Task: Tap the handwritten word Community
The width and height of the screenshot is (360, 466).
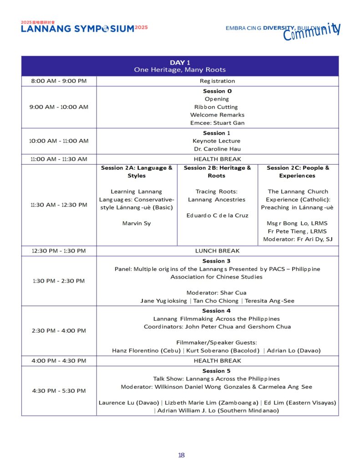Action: [312, 32]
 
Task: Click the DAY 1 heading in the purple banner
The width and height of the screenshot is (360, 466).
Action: [180, 62]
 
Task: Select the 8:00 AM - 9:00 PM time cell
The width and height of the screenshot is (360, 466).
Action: [59, 81]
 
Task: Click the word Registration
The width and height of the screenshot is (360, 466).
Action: [217, 81]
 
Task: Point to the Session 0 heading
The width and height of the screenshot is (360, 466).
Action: [217, 91]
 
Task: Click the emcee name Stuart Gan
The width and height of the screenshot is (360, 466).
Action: [217, 123]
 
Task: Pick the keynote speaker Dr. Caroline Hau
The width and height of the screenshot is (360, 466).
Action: [217, 149]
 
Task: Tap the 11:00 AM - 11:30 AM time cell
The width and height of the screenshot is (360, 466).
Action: [59, 159]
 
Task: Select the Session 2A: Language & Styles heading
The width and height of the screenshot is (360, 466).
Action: [137, 172]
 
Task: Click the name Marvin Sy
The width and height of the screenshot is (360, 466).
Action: [137, 223]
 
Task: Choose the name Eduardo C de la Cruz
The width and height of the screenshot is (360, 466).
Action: [217, 215]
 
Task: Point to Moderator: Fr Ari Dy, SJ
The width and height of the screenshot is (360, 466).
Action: [298, 239]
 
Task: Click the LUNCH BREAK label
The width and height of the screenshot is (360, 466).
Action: [217, 251]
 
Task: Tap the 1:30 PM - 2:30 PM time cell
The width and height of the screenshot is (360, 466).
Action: [59, 281]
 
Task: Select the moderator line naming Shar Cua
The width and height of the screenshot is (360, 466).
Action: [217, 293]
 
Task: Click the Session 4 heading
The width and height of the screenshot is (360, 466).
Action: [217, 311]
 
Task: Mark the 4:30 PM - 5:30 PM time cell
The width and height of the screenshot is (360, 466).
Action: [59, 390]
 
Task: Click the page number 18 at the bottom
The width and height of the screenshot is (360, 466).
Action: [181, 455]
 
